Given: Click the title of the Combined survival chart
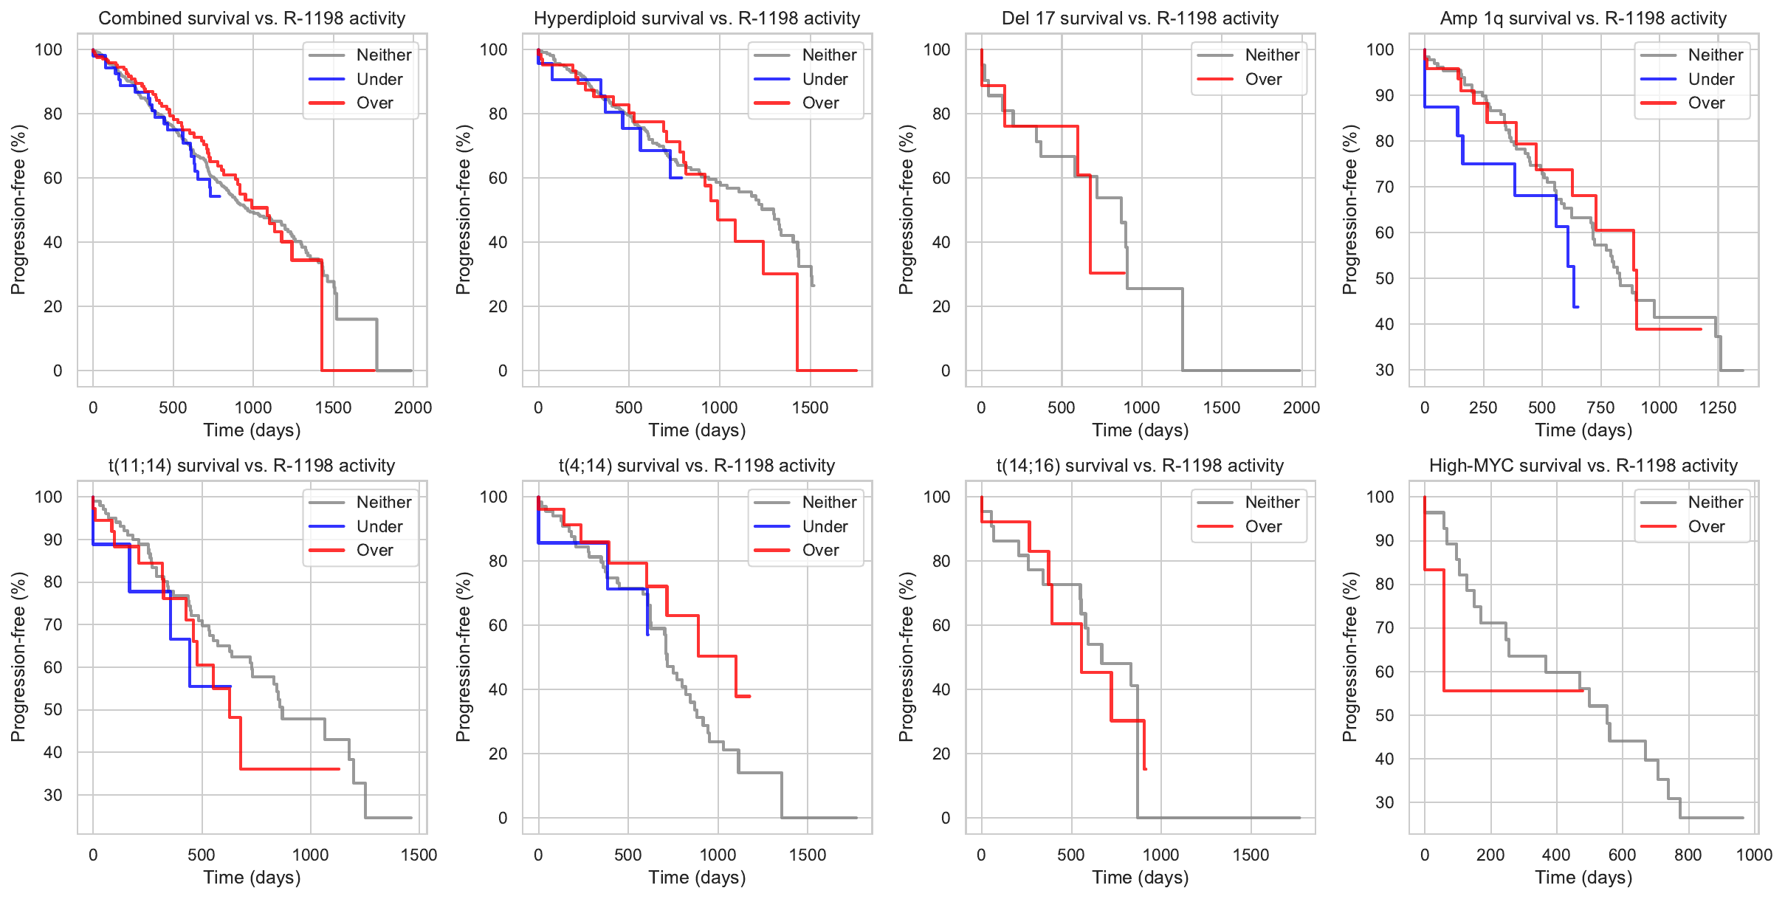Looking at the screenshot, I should click(252, 18).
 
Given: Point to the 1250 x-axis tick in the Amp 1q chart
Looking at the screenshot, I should click(1718, 407).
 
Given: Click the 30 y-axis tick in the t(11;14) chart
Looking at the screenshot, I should click(53, 795).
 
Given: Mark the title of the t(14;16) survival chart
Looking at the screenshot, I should click(1140, 466).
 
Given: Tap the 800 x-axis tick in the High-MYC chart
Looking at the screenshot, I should click(1688, 855).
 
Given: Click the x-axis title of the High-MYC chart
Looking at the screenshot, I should click(1583, 878).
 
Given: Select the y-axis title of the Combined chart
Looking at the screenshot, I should click(18, 210).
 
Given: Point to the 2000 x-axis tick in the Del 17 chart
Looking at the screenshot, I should click(1301, 407).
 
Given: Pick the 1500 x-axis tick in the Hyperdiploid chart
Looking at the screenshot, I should click(810, 407).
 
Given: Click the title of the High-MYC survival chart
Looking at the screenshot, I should click(1583, 466).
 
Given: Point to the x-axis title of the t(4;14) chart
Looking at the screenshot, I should click(697, 878).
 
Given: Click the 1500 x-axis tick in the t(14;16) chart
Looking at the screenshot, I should click(1251, 855).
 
